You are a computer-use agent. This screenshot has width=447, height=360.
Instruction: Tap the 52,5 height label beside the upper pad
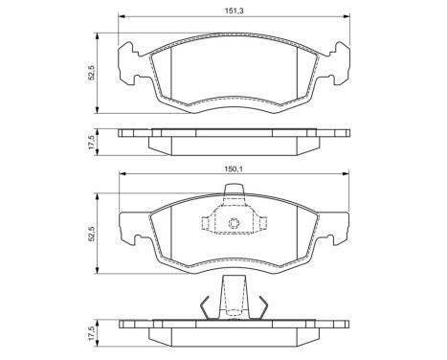(90, 73)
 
